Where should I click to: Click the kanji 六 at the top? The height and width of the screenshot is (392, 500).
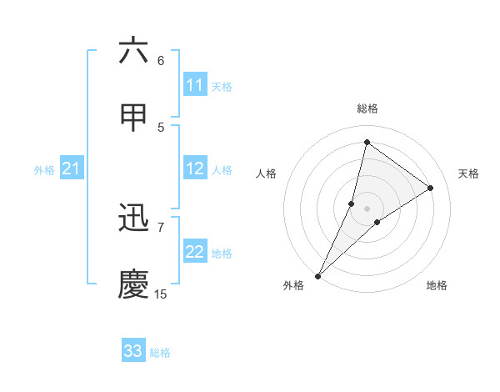pos(133,52)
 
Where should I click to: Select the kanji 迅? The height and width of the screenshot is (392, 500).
pos(133,219)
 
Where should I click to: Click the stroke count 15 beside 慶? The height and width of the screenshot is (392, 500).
pos(161,294)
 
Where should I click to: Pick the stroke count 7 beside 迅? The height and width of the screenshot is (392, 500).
pos(161,226)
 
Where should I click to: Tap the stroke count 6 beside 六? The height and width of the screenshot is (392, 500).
pos(161,60)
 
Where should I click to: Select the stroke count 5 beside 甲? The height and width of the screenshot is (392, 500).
pos(161,127)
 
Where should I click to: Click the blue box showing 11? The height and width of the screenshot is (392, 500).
pos(195,85)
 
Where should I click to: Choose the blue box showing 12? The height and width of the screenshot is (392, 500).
pos(195,168)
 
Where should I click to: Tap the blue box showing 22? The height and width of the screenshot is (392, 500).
pos(195,252)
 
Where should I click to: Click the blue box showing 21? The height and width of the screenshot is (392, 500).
pos(71,169)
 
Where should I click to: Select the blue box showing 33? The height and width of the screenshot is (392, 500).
pos(133,351)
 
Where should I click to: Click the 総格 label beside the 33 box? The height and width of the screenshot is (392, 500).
pos(160,353)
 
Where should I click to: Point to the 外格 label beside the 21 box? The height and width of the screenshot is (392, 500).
pos(44,170)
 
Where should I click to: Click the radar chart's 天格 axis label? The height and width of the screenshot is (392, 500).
pos(469,173)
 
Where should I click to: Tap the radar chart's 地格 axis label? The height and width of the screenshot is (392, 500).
pos(437,285)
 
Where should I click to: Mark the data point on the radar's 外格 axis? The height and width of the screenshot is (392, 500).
pos(317,275)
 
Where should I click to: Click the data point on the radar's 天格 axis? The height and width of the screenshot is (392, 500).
pos(431,188)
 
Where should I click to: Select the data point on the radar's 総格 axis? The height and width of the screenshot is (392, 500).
pos(367,142)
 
